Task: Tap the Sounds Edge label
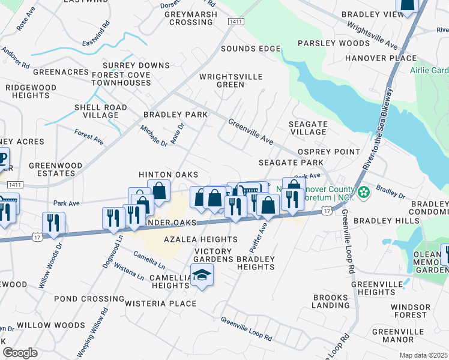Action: [251, 49]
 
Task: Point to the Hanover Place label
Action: [381, 58]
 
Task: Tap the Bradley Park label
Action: [175, 114]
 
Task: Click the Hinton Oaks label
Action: [169, 174]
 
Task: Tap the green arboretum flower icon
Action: [364, 192]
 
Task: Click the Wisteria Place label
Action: [161, 304]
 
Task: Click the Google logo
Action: [20, 353]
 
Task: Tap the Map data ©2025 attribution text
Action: [423, 355]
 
